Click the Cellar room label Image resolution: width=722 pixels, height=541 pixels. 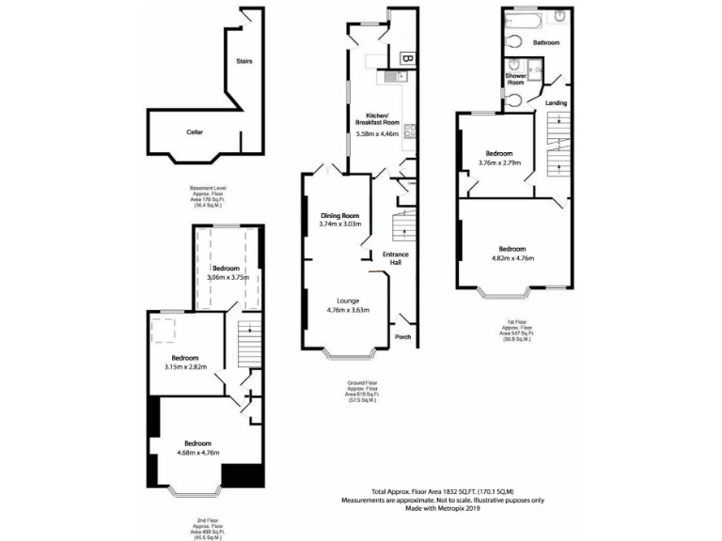pos(195,132)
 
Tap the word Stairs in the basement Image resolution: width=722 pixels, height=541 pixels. pos(243,61)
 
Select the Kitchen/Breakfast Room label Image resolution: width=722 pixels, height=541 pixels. pos(377,118)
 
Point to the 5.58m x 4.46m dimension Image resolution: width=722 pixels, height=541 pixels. pos(377,134)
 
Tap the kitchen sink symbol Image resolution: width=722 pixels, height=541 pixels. pos(390,77)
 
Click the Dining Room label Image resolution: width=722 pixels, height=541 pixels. pos(339,215)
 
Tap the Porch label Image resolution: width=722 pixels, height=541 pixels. pos(402,336)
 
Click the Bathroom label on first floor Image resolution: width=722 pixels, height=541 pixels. pos(546,43)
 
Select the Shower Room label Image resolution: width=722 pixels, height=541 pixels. pos(516,79)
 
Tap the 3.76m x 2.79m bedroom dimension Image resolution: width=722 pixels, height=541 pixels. pos(499,162)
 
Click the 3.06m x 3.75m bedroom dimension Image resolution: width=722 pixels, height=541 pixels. pos(225,278)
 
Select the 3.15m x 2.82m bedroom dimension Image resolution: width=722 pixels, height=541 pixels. pos(184,366)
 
